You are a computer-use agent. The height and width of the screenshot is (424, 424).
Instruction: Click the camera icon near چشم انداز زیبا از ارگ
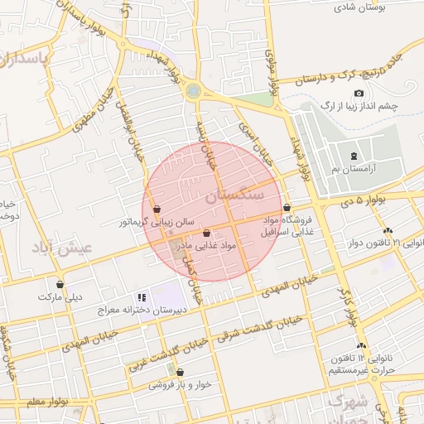(359, 94)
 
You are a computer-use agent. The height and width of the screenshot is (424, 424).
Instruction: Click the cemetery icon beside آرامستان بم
(354, 157)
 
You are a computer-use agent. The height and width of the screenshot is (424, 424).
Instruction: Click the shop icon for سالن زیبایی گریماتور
(157, 210)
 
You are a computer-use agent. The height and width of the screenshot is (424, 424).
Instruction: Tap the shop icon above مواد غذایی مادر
(206, 234)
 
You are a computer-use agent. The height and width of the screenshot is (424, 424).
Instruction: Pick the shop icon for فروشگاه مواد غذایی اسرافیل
(287, 207)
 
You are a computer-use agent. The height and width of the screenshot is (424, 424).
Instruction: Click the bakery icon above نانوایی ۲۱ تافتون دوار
(388, 231)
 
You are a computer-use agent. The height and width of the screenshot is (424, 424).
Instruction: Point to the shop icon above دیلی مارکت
(60, 284)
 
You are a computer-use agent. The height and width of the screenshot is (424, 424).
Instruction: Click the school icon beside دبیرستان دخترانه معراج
(142, 296)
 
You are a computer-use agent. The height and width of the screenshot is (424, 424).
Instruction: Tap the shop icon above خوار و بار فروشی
(180, 373)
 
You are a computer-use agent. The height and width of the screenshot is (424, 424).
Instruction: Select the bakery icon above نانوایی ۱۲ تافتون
(360, 345)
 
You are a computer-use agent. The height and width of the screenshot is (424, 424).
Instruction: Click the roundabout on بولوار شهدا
(194, 90)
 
